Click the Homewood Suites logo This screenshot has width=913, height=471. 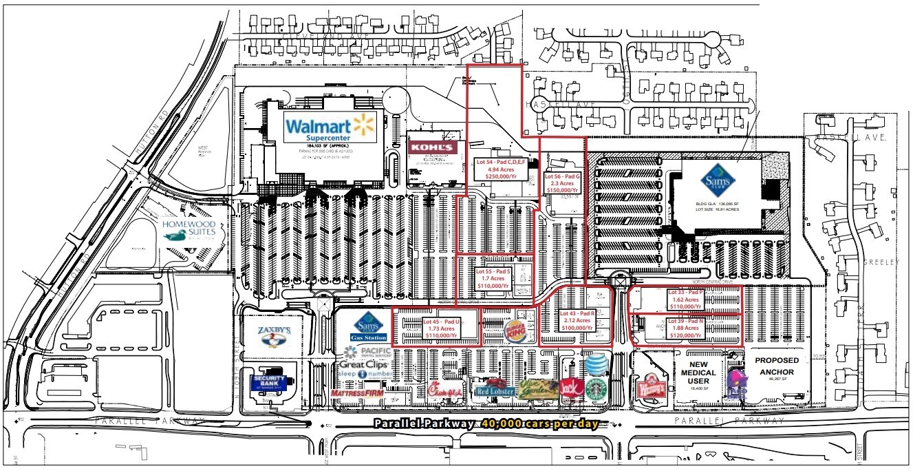pos(189,230)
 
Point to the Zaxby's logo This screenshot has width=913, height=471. pos(274,335)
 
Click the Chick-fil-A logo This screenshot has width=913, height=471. pos(444,390)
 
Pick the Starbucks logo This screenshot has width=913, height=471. pos(597,388)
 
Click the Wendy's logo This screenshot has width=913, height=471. pos(652,386)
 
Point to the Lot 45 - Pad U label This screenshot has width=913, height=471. pos(441,329)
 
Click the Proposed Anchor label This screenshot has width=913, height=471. pos(778,366)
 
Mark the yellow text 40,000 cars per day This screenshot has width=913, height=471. pos(539,424)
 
